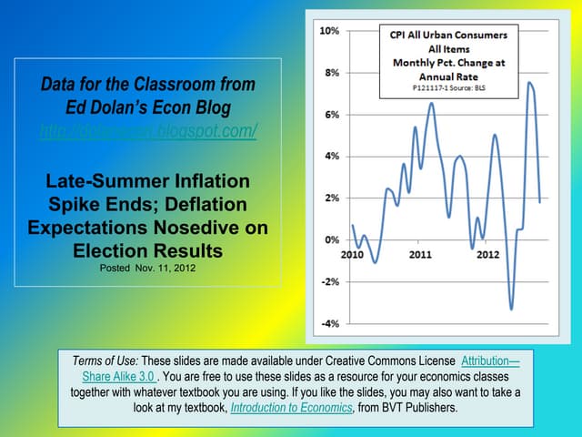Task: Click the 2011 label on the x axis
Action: [x=419, y=254]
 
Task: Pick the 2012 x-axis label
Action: [x=487, y=254]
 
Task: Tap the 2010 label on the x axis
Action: [x=352, y=254]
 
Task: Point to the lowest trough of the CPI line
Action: [x=511, y=310]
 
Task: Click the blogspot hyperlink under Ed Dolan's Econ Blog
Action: [x=148, y=131]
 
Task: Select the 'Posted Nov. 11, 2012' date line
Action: [x=148, y=269]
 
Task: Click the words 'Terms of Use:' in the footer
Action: [x=106, y=361]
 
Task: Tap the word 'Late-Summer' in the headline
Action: [x=102, y=178]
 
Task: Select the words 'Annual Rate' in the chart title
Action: [x=449, y=77]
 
